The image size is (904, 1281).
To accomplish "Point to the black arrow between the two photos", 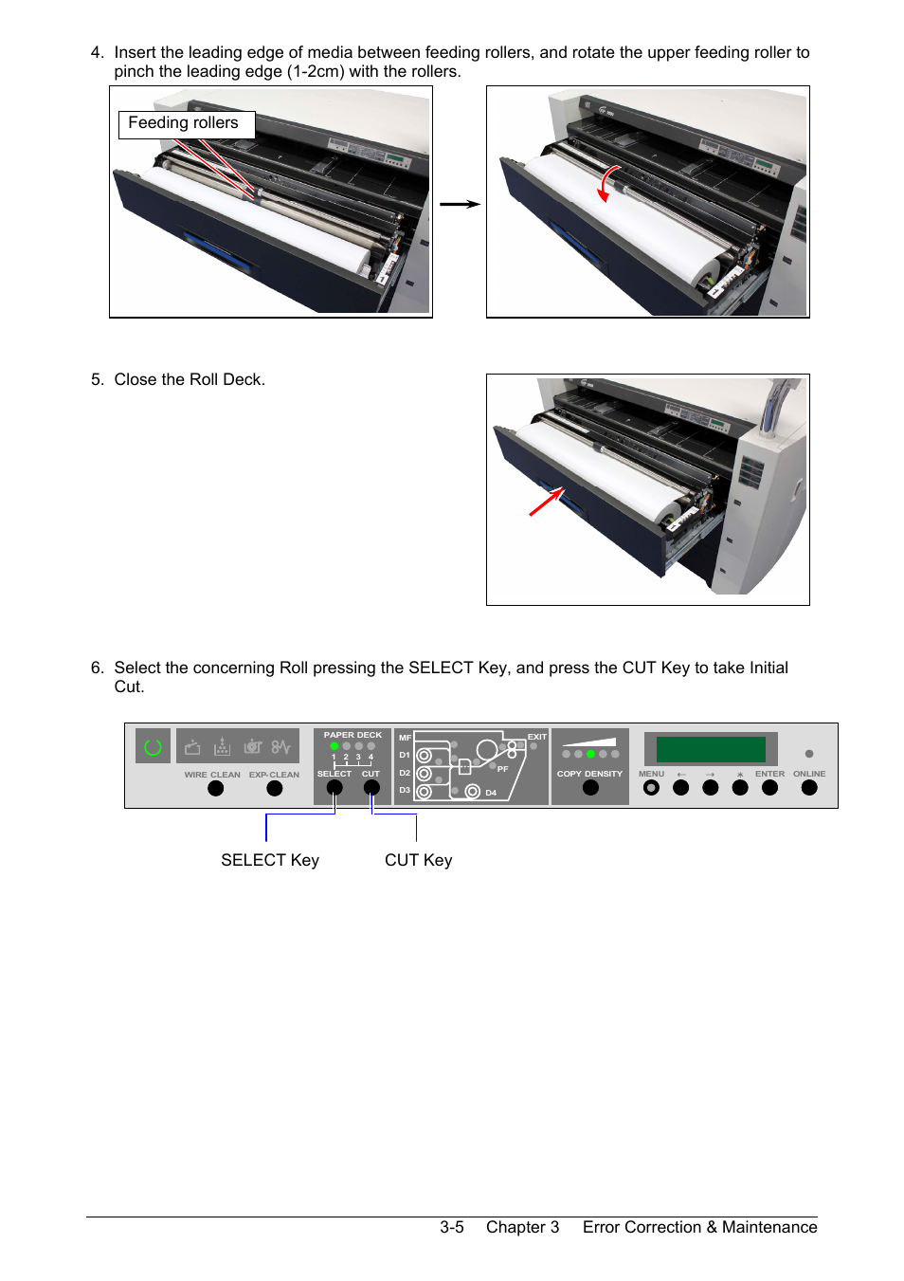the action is (x=460, y=204).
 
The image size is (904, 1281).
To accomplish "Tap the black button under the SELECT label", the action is (x=334, y=788).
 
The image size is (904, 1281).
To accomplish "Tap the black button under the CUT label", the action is (x=371, y=788).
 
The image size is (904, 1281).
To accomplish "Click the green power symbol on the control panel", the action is (x=153, y=747).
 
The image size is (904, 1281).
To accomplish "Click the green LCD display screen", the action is (x=711, y=749).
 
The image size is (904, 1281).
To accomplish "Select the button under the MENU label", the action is (x=651, y=788).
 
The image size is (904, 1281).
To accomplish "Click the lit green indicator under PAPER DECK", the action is (x=334, y=746).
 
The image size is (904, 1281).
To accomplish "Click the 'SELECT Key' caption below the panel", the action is (x=270, y=860).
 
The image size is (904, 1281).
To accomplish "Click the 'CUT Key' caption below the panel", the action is (x=418, y=860).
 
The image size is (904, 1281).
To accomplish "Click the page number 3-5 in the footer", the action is (x=451, y=1227).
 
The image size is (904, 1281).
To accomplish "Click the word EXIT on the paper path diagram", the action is (x=537, y=737).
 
